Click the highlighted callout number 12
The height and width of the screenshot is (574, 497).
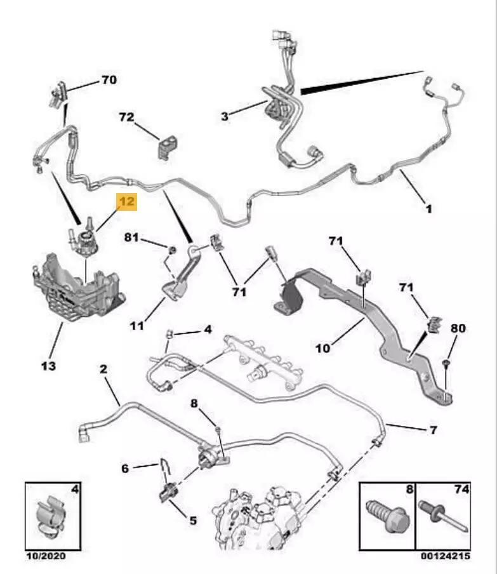point(126,203)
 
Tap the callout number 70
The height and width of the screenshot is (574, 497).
point(109,81)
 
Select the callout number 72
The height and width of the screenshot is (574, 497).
point(126,117)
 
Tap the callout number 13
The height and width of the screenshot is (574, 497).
point(48,366)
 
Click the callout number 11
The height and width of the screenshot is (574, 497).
point(137,326)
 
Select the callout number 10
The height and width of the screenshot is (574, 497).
point(324,349)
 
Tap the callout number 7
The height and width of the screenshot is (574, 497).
point(432,430)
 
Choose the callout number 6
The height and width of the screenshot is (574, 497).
point(126,468)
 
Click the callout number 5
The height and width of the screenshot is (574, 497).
point(192,520)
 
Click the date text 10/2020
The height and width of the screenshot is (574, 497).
point(45,557)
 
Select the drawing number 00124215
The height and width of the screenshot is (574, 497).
point(447,557)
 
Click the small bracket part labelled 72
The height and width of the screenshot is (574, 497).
point(167,147)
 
